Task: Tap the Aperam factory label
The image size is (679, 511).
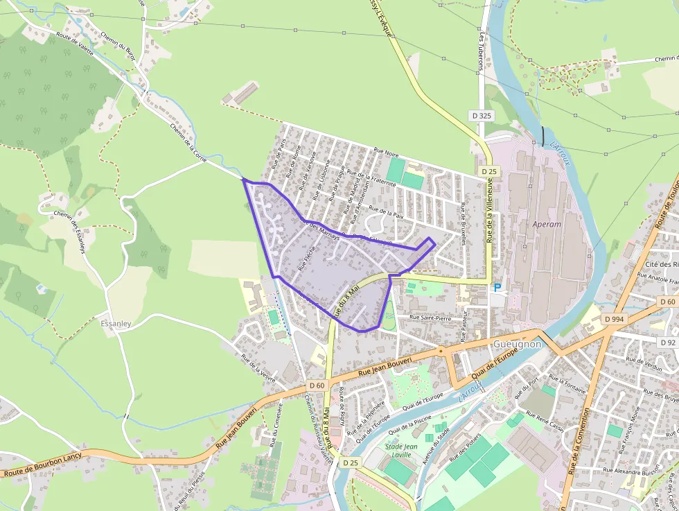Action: pos(547,225)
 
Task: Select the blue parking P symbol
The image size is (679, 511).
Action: pos(497,288)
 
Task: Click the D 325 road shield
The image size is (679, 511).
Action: pos(482,115)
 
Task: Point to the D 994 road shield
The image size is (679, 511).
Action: pos(614,319)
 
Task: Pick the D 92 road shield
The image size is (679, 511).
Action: pos(668,343)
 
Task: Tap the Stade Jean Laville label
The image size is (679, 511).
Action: pos(401,450)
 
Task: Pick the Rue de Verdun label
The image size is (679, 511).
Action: pos(644,361)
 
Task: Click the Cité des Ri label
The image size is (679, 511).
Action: pos(660,264)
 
